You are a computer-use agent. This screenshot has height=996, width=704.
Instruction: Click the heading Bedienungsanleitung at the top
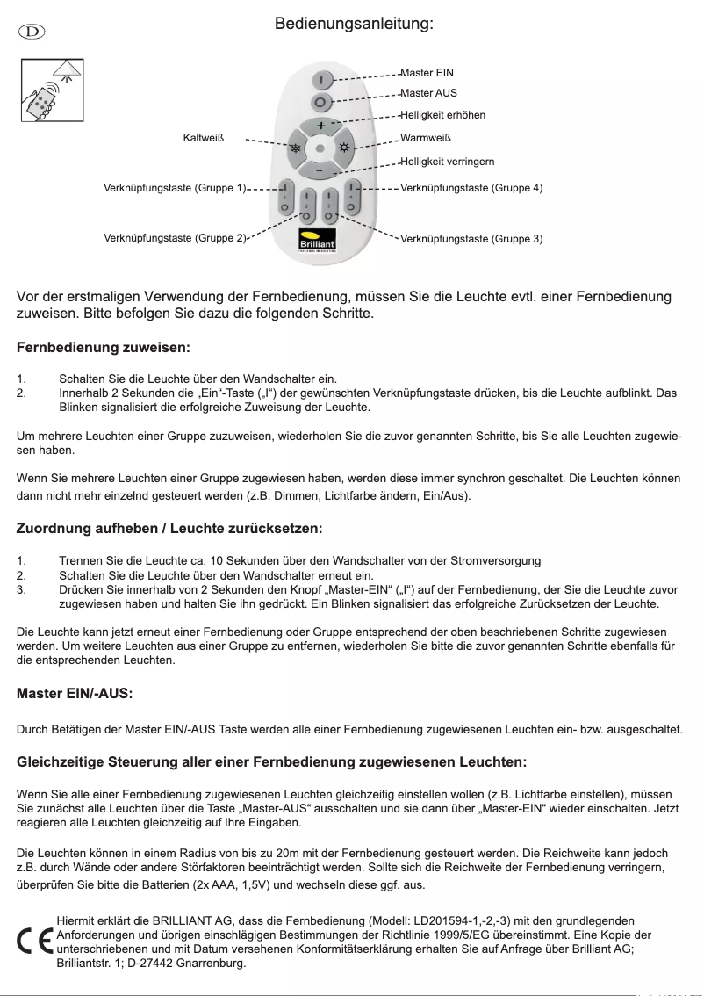(x=354, y=24)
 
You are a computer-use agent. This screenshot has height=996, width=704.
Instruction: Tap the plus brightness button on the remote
(x=321, y=125)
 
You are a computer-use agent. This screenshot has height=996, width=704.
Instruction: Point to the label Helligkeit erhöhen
(x=442, y=115)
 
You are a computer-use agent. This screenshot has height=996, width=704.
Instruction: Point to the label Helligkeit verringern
(x=447, y=162)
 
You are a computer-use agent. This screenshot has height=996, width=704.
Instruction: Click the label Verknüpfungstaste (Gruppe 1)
(x=175, y=188)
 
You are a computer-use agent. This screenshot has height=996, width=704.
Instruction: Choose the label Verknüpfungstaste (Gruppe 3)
(x=471, y=238)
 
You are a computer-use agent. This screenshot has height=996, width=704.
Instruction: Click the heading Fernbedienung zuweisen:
(x=104, y=349)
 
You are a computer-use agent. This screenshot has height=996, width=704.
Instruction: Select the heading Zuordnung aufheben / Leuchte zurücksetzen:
(x=169, y=529)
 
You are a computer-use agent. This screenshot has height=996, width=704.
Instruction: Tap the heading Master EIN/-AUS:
(x=75, y=694)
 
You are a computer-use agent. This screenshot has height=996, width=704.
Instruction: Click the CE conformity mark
(x=34, y=941)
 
